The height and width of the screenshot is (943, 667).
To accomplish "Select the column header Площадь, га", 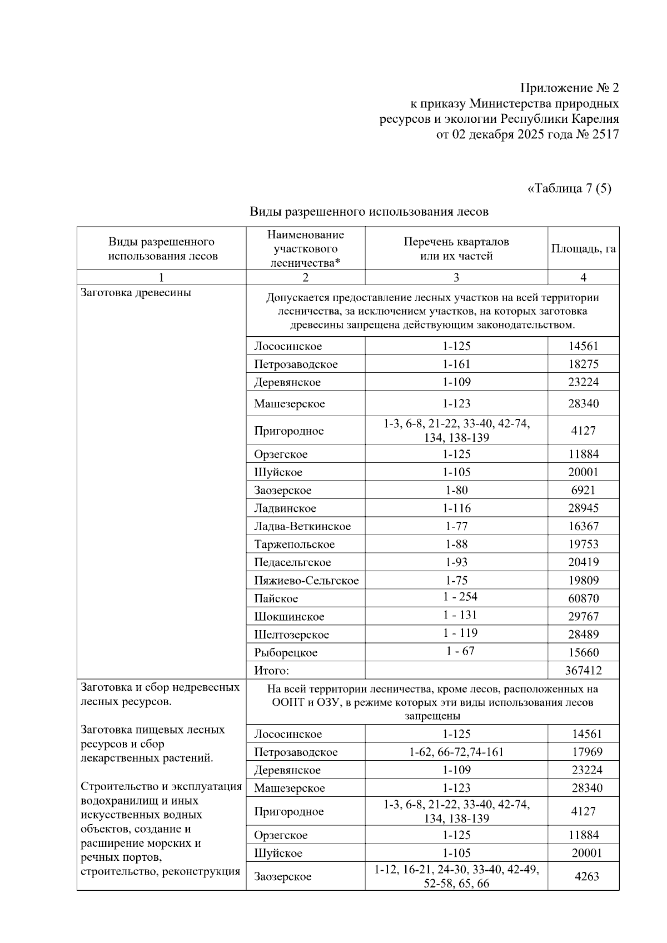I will tap(583, 248).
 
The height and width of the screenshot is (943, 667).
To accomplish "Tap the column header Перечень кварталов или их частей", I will tap(456, 248).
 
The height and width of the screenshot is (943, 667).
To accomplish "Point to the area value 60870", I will tap(583, 598).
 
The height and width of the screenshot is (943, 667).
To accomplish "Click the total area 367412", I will tap(583, 670).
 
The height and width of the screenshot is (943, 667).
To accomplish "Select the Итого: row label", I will tap(272, 670).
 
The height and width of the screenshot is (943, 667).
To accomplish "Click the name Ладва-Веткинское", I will tap(302, 526).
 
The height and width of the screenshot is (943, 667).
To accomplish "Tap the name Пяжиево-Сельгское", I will tap(306, 581).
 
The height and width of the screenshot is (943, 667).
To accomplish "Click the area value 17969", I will tap(587, 752).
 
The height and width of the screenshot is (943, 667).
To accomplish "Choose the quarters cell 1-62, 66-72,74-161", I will tap(456, 752).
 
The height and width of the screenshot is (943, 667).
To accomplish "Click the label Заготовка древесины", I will tap(136, 293).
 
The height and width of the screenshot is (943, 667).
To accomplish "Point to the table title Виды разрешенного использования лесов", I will tap(369, 211).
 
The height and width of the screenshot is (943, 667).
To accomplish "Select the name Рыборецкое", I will tap(286, 652).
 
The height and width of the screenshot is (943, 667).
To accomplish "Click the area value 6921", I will tap(583, 490).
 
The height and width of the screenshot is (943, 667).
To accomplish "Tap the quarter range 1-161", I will tap(456, 364).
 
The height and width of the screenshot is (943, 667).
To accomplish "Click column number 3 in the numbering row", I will tap(456, 277).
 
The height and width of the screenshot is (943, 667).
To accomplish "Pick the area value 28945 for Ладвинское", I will tap(583, 508).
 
